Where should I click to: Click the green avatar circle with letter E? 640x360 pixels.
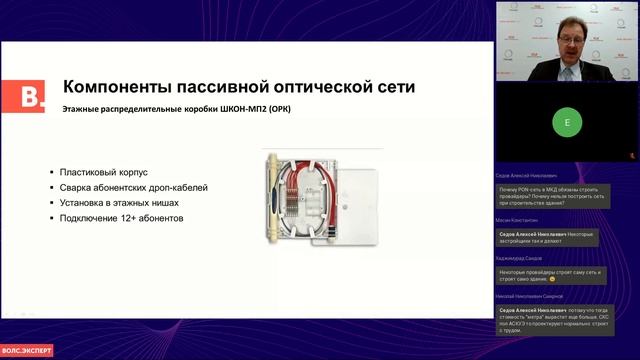567,123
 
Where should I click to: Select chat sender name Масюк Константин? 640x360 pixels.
517,220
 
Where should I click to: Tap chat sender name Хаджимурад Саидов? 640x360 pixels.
520,258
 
